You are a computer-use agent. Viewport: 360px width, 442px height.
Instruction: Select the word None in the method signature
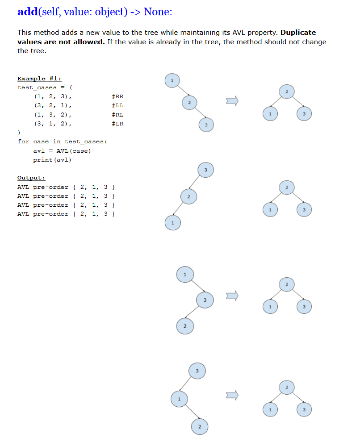(157, 12)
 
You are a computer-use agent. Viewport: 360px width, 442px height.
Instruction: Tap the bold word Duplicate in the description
(298, 33)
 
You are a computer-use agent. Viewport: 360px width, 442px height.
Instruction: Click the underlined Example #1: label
(39, 79)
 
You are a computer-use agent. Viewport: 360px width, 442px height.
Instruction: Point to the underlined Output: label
(31, 178)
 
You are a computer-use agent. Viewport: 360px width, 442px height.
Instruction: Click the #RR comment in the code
(117, 96)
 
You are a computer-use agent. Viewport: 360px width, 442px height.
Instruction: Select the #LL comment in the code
(117, 105)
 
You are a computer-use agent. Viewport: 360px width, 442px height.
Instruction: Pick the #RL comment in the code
(117, 115)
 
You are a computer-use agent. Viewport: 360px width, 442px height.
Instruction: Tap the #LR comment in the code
(117, 124)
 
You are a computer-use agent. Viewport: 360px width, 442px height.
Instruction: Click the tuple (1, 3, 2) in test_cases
(52, 115)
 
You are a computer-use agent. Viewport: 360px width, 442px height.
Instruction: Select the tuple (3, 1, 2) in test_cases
(52, 124)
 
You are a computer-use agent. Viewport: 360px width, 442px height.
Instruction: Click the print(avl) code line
(52, 160)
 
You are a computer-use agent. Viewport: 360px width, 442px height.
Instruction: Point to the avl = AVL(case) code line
(62, 151)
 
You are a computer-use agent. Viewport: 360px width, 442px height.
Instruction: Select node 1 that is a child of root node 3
(179, 398)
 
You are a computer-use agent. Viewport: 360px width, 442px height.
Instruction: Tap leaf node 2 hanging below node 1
(200, 427)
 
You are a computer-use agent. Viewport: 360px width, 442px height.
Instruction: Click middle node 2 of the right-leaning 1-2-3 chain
(189, 103)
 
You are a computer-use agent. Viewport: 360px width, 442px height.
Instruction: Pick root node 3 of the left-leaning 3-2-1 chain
(206, 170)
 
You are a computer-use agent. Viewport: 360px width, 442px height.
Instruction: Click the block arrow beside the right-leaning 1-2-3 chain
(231, 101)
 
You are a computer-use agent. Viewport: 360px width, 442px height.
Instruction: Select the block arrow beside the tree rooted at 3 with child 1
(231, 395)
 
